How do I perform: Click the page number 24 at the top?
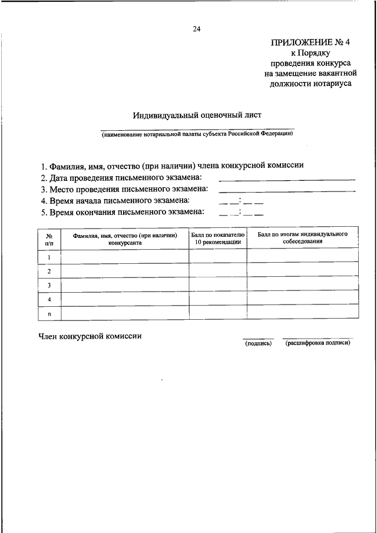(196, 28)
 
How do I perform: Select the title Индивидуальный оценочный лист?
(196, 115)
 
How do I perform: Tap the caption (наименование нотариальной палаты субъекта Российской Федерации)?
(196, 134)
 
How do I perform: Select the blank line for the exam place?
(287, 191)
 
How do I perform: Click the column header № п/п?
(49, 238)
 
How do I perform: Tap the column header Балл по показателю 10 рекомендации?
(218, 238)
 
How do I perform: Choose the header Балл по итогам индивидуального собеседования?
(302, 238)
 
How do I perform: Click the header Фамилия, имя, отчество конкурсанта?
(125, 238)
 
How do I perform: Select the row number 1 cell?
(49, 257)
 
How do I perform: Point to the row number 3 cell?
(49, 285)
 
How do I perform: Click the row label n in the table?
(49, 313)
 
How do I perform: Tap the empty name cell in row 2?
(125, 271)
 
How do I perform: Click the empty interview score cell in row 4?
(302, 299)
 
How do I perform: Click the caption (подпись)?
(258, 343)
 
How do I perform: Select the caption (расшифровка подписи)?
(318, 343)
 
